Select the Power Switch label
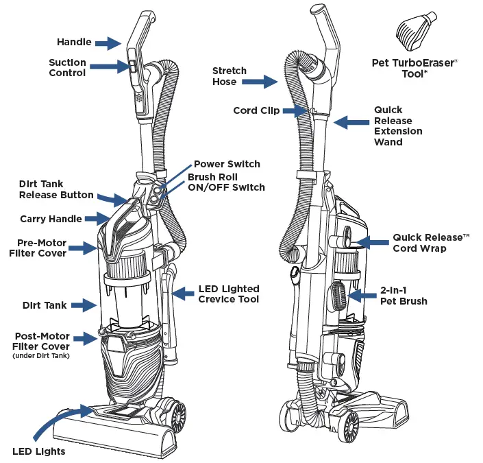tap(227, 164)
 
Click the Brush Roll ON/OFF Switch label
tap(226, 182)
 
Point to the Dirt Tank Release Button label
tap(56, 189)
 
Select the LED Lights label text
tap(39, 451)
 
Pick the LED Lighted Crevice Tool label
tap(229, 294)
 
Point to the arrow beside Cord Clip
tap(295, 110)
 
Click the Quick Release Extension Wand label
tap(397, 126)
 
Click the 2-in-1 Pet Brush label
tap(404, 296)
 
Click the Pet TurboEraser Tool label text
tap(414, 68)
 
